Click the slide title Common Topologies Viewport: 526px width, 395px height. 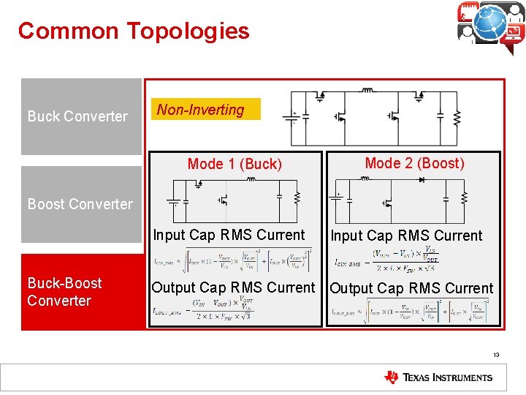(134, 31)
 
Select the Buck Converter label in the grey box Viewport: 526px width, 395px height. (77, 116)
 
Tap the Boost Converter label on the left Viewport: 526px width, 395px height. (80, 204)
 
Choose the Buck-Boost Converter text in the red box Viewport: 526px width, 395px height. (64, 292)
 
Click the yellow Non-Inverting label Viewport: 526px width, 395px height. (201, 110)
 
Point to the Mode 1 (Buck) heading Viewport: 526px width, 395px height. (235, 164)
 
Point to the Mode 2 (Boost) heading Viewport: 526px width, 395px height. (414, 163)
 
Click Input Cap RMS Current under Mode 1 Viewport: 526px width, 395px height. (229, 235)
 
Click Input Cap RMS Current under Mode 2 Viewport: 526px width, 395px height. (406, 236)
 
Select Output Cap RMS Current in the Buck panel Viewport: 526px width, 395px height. (233, 287)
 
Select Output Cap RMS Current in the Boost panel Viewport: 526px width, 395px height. (411, 288)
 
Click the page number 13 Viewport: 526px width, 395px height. (496, 354)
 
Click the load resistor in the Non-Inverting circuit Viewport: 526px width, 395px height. (457, 117)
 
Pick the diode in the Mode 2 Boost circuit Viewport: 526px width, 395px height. (421, 179)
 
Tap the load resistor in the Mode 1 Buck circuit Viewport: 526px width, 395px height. (297, 197)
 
